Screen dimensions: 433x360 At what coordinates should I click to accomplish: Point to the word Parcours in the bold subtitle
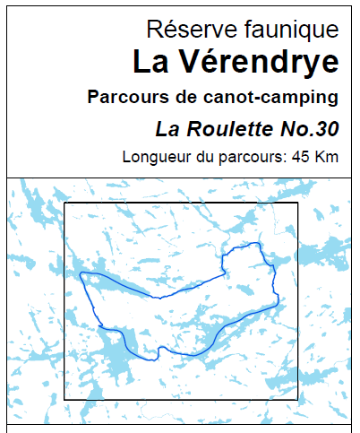click(124, 97)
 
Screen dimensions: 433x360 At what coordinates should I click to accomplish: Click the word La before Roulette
click(167, 128)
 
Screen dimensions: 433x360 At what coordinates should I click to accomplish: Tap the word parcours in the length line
click(249, 158)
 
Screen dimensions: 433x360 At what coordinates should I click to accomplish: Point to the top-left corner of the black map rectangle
click(64, 204)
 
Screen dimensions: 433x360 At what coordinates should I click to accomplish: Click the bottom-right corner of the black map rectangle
click(297, 399)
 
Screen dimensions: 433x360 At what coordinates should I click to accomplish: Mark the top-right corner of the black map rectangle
click(297, 204)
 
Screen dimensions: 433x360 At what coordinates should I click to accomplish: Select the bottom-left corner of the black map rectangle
click(64, 399)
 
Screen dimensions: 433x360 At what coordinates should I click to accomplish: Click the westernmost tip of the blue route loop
click(80, 274)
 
